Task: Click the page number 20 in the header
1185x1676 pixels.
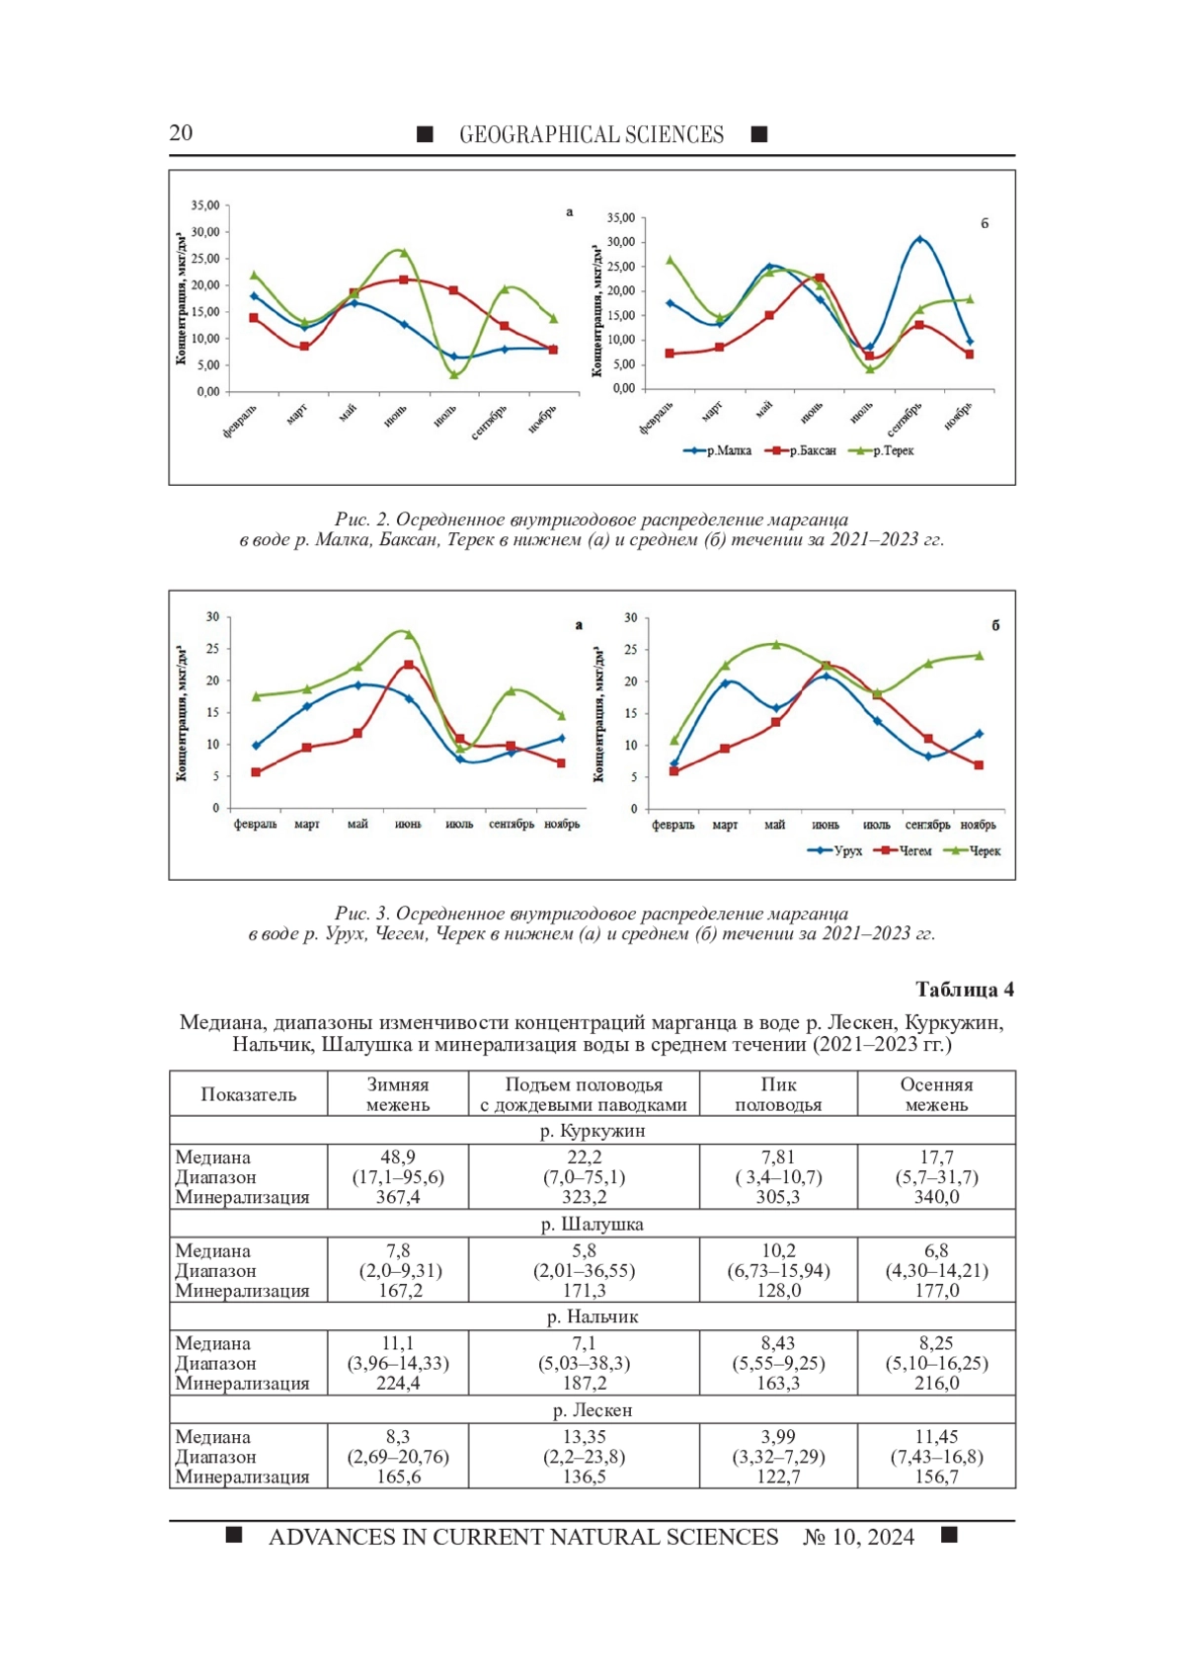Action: tap(181, 133)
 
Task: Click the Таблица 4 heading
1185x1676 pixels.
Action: tap(964, 990)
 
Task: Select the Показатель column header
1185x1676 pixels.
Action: tap(248, 1094)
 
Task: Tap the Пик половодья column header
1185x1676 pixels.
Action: tap(778, 1094)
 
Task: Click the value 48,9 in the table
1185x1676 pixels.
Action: tap(398, 1157)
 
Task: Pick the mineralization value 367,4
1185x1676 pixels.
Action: tap(398, 1197)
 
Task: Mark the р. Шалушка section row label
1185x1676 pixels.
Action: tap(592, 1225)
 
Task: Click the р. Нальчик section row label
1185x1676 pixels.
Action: tap(592, 1317)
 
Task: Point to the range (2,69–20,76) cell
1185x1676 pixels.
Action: tap(398, 1457)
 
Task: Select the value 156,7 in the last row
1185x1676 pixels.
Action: tap(936, 1476)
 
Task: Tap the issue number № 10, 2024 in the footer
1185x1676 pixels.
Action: tap(858, 1537)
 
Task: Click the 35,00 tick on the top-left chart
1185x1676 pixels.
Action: tap(205, 205)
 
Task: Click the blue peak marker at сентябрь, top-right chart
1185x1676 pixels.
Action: tap(919, 239)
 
